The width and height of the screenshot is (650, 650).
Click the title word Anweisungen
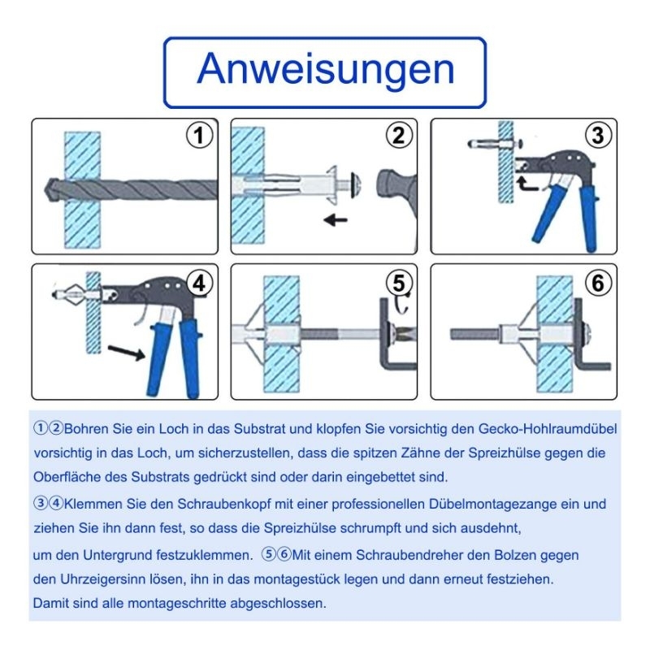click(x=326, y=69)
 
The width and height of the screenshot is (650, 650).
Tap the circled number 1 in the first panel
click(x=199, y=136)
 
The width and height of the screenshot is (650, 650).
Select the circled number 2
click(x=399, y=136)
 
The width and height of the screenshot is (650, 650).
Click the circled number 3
click(x=598, y=136)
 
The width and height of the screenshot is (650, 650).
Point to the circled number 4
click(x=199, y=284)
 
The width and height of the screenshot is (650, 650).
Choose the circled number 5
click(x=399, y=284)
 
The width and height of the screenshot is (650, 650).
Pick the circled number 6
click(x=598, y=284)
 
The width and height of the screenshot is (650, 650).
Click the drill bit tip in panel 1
click(x=45, y=190)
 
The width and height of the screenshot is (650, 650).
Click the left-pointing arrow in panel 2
click(x=336, y=219)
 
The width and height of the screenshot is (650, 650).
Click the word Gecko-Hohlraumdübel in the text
click(x=548, y=429)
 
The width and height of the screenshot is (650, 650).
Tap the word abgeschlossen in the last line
click(x=278, y=603)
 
